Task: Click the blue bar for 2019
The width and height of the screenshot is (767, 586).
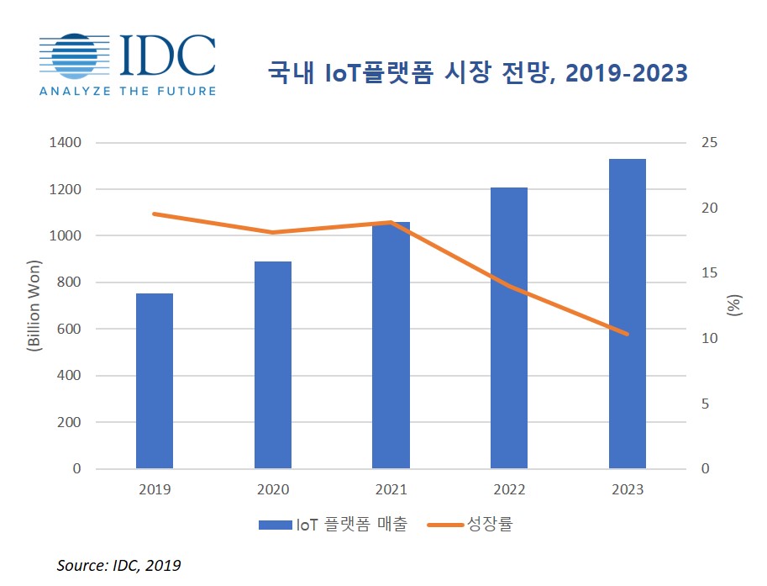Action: click(x=155, y=381)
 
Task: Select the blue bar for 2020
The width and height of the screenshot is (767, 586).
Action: click(x=273, y=365)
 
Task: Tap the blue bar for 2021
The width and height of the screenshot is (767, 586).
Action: click(x=391, y=345)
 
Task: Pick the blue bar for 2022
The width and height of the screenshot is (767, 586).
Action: click(x=509, y=328)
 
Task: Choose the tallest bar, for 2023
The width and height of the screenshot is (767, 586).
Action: click(x=628, y=314)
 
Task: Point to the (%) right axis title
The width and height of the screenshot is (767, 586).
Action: click(x=734, y=305)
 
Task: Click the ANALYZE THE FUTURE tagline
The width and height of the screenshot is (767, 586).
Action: click(x=127, y=91)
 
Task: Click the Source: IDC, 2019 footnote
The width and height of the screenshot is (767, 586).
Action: click(x=118, y=565)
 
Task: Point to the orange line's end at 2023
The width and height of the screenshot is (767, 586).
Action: click(x=628, y=334)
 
